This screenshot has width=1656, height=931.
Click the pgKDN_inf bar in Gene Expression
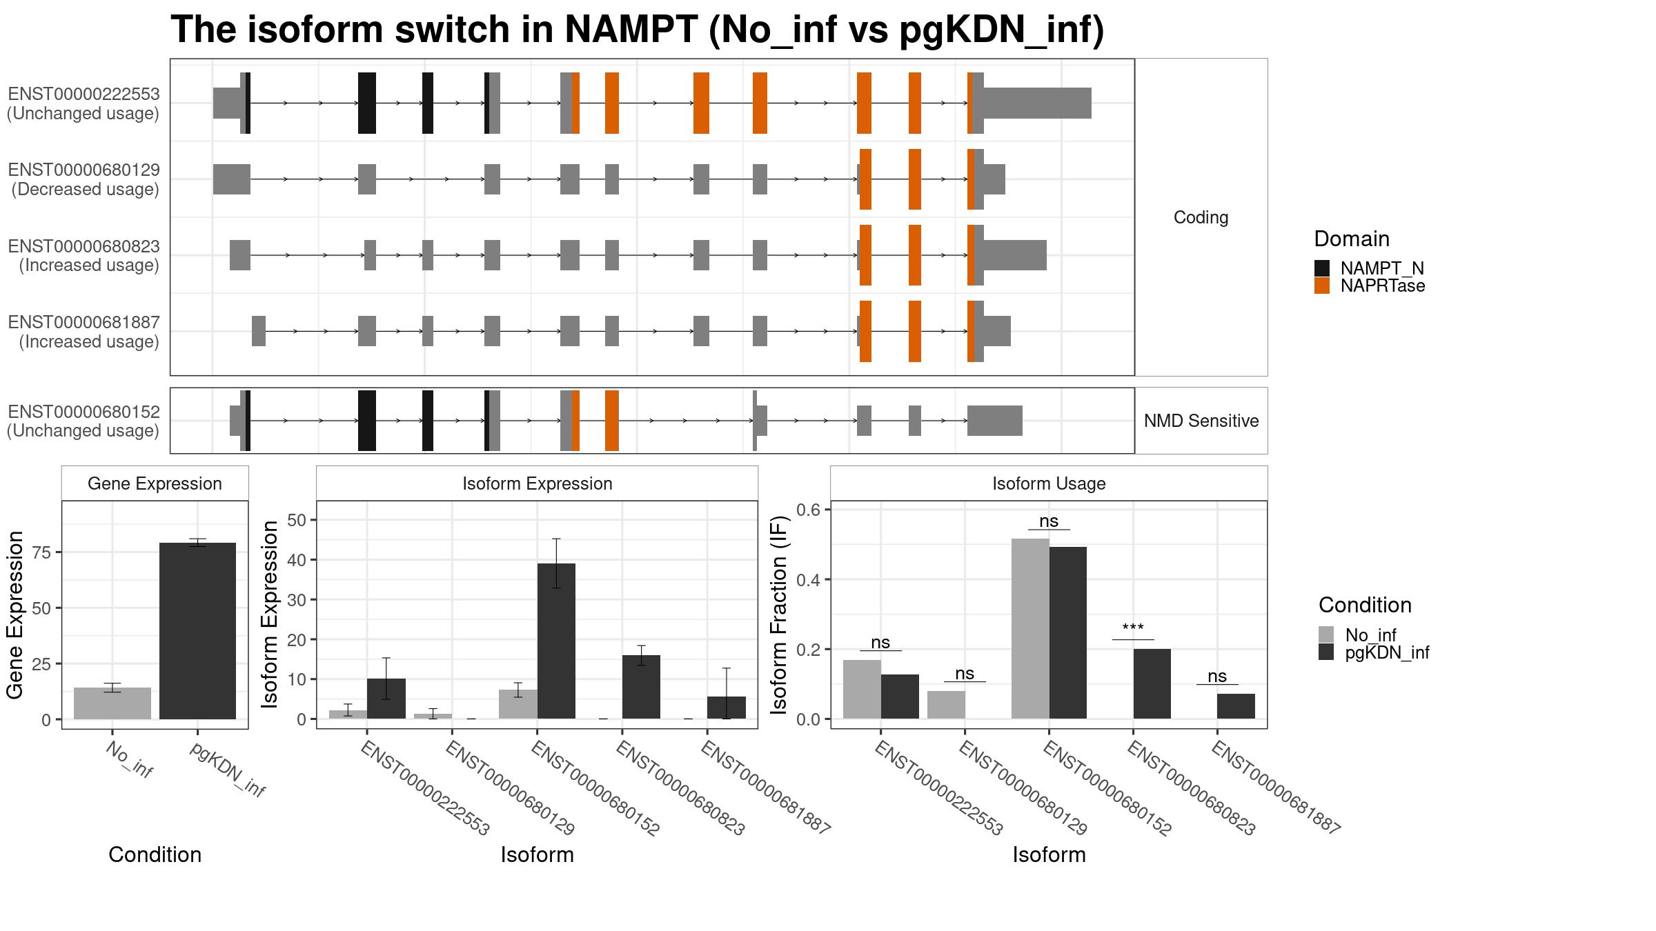(x=197, y=631)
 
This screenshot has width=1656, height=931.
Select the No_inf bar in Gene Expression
(x=112, y=703)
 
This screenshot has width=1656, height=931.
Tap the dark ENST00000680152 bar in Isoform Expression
(x=556, y=641)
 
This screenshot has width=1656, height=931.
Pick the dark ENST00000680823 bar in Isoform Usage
(x=1152, y=684)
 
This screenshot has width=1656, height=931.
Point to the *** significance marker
(x=1133, y=629)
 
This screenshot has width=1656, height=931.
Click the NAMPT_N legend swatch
(x=1322, y=268)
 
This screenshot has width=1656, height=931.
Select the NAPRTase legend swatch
(x=1322, y=286)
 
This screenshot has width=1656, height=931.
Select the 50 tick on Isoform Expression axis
(x=297, y=520)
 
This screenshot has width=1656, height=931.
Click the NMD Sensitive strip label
(x=1201, y=421)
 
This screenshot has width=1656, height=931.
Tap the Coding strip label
(x=1201, y=217)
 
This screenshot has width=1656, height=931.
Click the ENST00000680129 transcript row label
(x=83, y=179)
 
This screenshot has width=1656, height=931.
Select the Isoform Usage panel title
(x=1049, y=483)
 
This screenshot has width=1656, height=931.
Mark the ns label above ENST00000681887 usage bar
(x=1217, y=676)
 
